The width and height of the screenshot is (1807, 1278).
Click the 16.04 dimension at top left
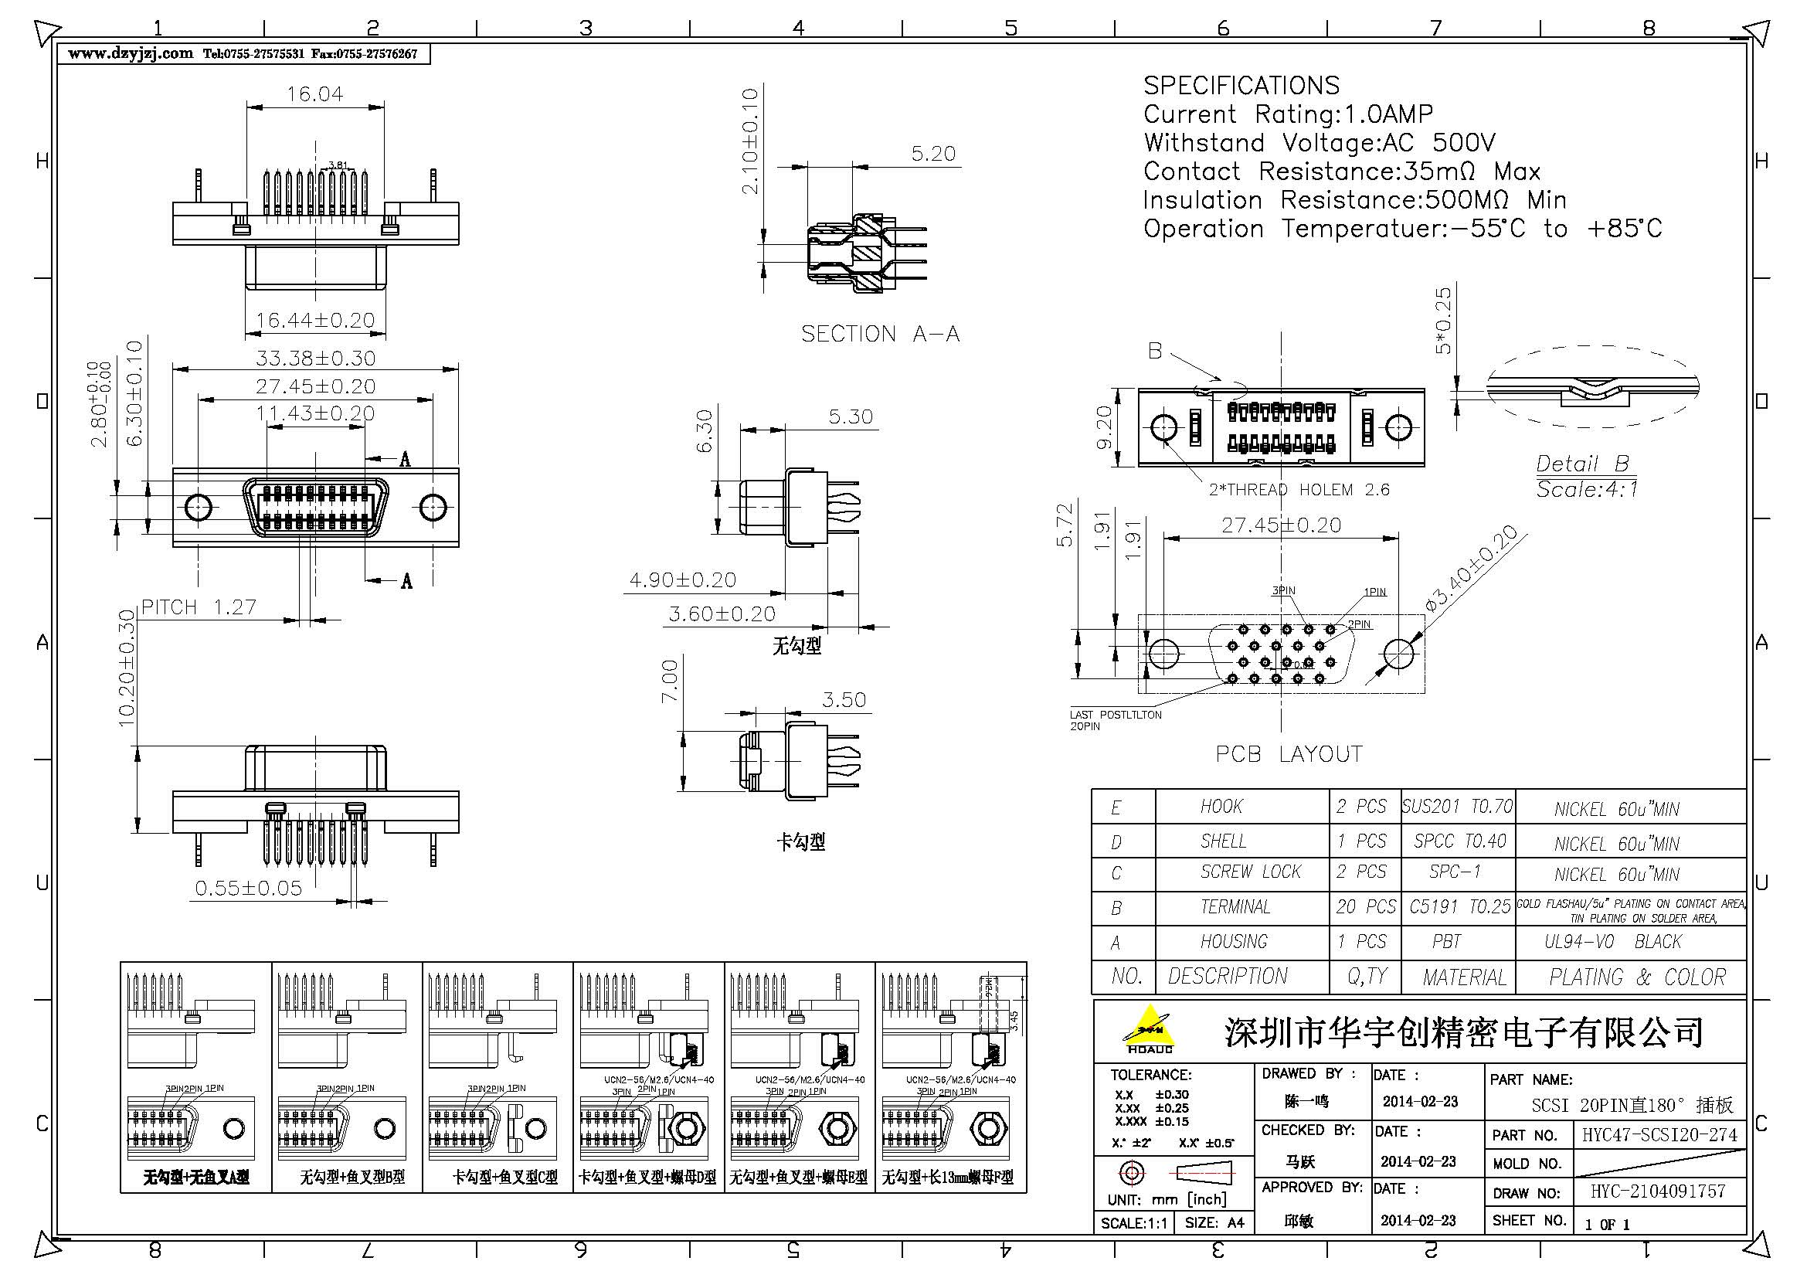click(x=314, y=94)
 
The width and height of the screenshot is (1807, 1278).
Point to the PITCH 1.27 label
click(x=199, y=607)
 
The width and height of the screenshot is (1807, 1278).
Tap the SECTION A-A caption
click(x=880, y=335)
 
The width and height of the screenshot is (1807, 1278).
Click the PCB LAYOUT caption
click(x=1289, y=754)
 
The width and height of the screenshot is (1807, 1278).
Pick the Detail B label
click(x=1582, y=464)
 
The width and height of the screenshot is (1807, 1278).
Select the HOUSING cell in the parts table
click(x=1233, y=942)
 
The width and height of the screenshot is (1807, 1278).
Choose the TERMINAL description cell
click(x=1235, y=907)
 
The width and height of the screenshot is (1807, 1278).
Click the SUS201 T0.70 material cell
click(x=1457, y=807)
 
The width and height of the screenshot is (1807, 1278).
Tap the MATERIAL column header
click(x=1464, y=977)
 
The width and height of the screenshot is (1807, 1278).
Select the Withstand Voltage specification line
click(x=1319, y=143)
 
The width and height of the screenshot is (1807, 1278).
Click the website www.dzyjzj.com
click(x=131, y=53)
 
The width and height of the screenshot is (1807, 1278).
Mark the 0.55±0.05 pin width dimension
click(x=248, y=889)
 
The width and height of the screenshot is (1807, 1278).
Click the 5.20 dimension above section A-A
click(x=932, y=154)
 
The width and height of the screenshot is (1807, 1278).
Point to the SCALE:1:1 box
click(x=1133, y=1223)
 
